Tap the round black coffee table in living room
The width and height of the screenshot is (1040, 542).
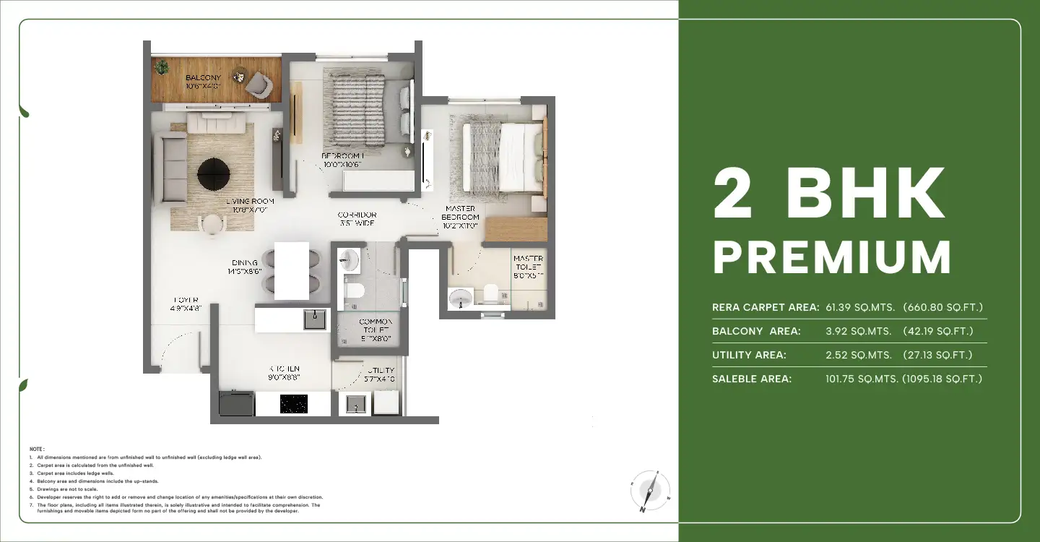[x=214, y=172]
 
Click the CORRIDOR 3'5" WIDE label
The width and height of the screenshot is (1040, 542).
[x=357, y=219]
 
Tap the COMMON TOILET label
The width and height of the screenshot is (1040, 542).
[x=376, y=330]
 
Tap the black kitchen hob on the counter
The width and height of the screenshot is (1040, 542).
[x=293, y=403]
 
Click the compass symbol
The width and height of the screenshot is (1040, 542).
[x=649, y=491]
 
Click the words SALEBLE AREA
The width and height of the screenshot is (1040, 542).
[x=751, y=379]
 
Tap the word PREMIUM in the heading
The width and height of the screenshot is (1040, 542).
[x=831, y=257]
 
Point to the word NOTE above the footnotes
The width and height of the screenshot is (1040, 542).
[x=37, y=449]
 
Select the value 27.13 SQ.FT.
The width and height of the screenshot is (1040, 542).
[x=937, y=355]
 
